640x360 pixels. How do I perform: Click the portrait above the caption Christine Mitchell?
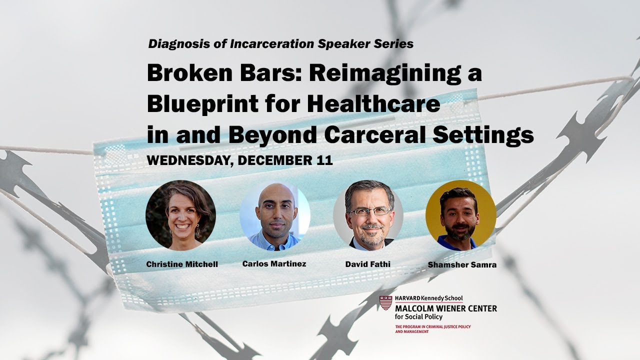(x=181, y=215)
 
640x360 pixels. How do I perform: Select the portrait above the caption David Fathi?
(x=368, y=215)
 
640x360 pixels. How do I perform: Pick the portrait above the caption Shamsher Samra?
(x=460, y=215)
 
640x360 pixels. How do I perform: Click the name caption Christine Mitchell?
(x=182, y=264)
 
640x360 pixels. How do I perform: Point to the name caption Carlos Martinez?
(x=274, y=263)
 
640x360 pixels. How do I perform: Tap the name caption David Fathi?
(x=368, y=264)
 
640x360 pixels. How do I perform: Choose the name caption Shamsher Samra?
(x=462, y=264)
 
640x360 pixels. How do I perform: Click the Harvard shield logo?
(x=385, y=303)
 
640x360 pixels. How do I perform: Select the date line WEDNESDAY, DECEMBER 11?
(x=239, y=160)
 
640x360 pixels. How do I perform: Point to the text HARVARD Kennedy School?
(x=428, y=298)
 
